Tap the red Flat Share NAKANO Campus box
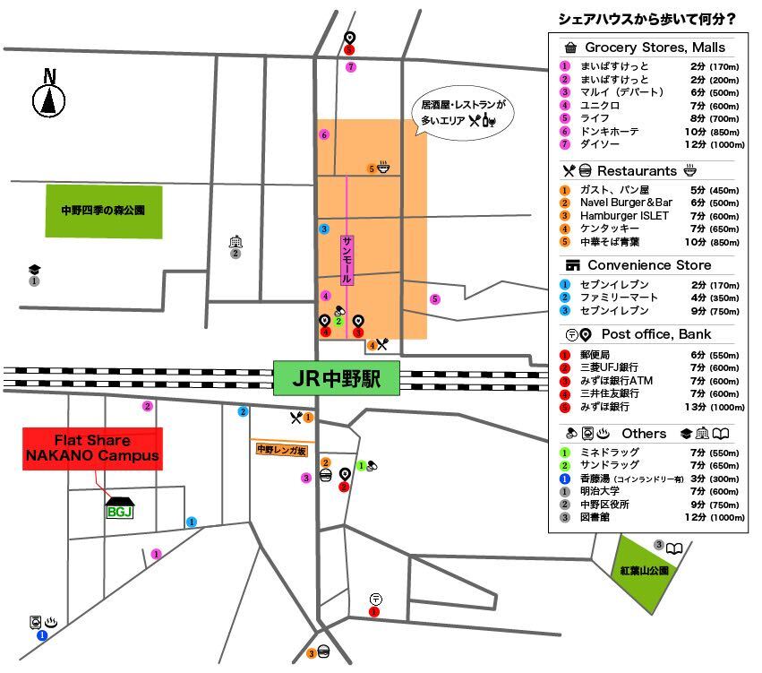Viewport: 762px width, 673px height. coord(92,449)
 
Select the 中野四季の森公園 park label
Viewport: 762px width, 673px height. coord(104,211)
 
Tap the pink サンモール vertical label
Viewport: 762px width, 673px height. coord(347,260)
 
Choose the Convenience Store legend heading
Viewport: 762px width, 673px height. coord(649,265)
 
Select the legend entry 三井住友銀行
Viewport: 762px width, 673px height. coord(609,393)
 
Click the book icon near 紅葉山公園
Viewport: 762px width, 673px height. coord(674,546)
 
